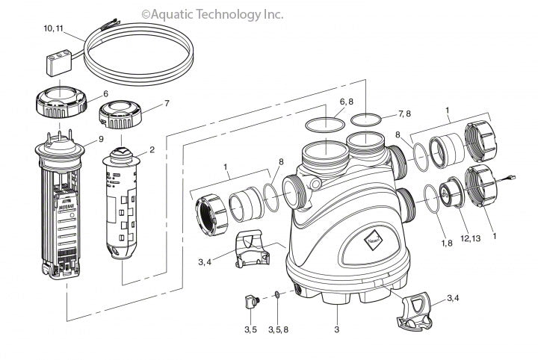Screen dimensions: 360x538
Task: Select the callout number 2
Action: pyautogui.click(x=152, y=149)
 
